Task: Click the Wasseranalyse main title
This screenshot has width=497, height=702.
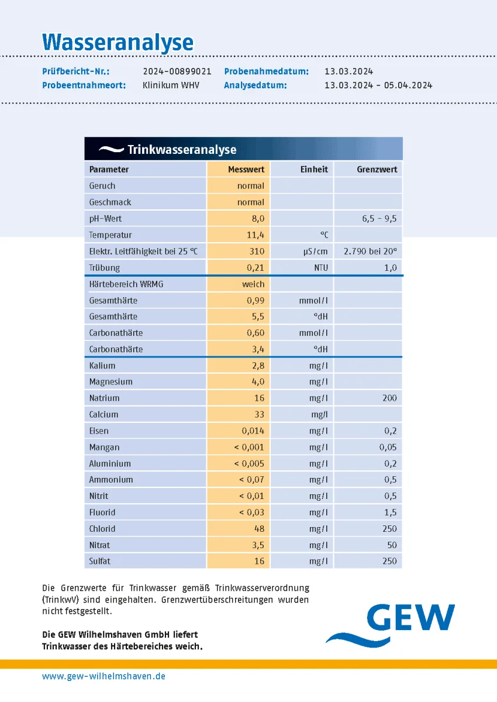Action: [x=118, y=42]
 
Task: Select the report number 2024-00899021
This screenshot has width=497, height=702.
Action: [x=177, y=71]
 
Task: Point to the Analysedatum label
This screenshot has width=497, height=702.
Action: [x=255, y=85]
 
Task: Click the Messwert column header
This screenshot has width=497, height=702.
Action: [x=246, y=169]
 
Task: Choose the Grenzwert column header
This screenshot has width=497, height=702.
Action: [x=377, y=169]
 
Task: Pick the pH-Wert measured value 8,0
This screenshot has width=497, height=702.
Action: [x=258, y=218]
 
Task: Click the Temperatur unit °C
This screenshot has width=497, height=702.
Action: [x=324, y=235]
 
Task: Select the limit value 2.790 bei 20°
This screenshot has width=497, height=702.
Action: [x=370, y=252]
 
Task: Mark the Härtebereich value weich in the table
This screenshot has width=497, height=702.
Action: [x=253, y=284]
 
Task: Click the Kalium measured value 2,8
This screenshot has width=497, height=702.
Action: [x=258, y=366]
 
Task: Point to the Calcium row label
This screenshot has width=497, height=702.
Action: [x=103, y=414]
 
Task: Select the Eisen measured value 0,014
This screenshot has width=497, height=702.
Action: [x=253, y=431]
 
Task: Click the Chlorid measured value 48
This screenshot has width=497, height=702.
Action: [x=258, y=528]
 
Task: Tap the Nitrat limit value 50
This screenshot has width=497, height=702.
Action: [x=392, y=545]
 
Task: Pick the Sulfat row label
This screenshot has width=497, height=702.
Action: [x=99, y=561]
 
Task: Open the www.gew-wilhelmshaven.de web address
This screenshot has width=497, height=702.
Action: [x=103, y=676]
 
